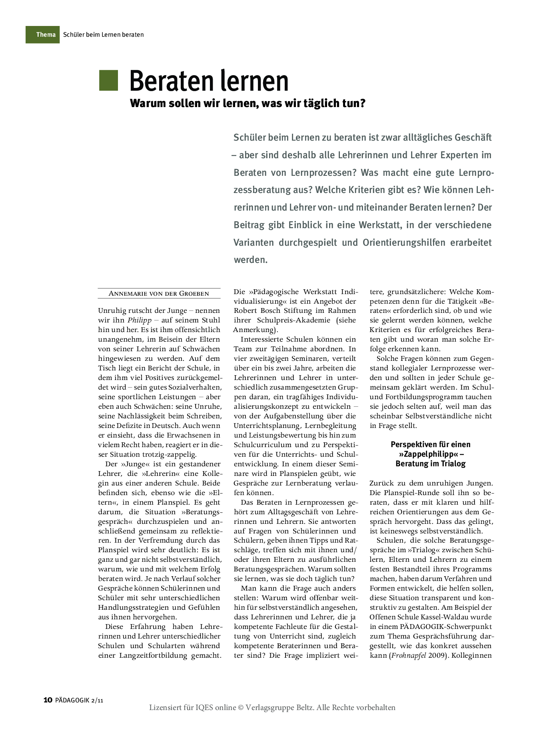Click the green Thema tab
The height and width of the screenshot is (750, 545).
[43, 35]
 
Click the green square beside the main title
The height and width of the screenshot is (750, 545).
[108, 80]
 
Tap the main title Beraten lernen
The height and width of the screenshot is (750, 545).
[209, 81]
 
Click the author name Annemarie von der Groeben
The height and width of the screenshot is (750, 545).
[159, 294]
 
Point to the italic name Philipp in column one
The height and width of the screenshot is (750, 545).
[140, 320]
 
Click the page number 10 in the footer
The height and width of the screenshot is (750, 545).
[48, 700]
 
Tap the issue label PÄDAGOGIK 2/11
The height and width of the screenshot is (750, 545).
[79, 700]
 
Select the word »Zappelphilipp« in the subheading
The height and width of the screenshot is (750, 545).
[428, 454]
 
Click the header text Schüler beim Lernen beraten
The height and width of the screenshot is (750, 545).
[103, 35]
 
